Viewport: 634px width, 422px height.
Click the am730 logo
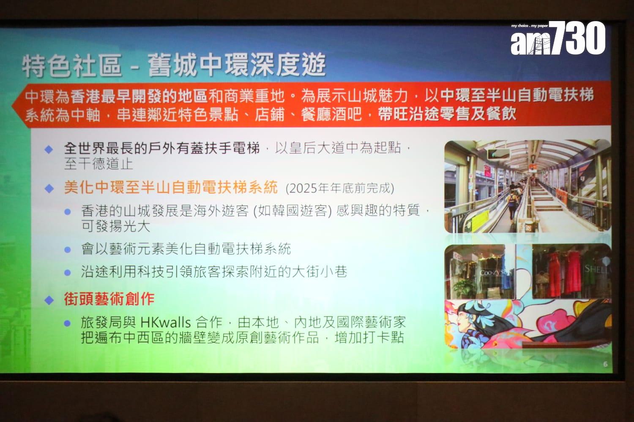(x=557, y=39)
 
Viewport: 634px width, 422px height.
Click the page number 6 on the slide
(x=605, y=364)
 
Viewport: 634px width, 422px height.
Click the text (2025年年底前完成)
(x=340, y=188)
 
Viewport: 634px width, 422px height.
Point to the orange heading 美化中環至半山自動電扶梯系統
(x=171, y=187)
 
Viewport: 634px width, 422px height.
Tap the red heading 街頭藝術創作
(x=109, y=299)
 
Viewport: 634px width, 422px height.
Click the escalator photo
(x=527, y=186)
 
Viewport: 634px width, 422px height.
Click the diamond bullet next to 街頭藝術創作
(x=49, y=300)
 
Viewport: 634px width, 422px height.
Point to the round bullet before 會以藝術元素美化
(x=67, y=249)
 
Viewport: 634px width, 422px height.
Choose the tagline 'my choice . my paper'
(x=529, y=26)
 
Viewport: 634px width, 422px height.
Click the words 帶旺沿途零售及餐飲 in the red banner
(x=447, y=114)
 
